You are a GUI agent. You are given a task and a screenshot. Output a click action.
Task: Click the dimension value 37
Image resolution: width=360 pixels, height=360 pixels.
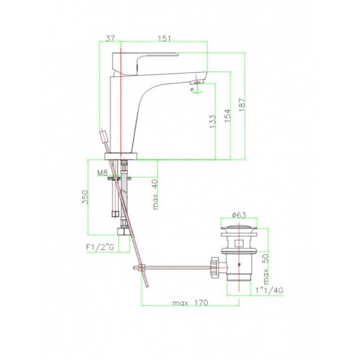110,38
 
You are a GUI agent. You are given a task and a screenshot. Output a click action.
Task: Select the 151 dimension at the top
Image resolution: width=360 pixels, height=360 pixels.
164,38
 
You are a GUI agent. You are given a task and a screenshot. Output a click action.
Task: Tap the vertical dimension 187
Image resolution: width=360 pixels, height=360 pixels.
242,105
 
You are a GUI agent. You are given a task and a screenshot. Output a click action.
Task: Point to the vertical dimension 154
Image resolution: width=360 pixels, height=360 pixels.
227,115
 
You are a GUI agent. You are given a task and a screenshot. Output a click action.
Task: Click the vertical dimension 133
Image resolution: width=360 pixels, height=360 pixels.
212,121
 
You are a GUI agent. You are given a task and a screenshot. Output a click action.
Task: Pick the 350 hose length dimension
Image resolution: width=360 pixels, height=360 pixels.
85,197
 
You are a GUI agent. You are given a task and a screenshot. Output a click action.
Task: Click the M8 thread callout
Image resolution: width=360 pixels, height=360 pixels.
102,173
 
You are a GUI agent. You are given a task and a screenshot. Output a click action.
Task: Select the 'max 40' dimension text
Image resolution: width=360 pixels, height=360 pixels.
155,194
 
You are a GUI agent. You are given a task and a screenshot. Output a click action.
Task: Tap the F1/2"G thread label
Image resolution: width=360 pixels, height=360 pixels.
100,247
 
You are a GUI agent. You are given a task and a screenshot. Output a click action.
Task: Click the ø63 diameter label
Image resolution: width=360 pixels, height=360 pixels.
239,215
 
